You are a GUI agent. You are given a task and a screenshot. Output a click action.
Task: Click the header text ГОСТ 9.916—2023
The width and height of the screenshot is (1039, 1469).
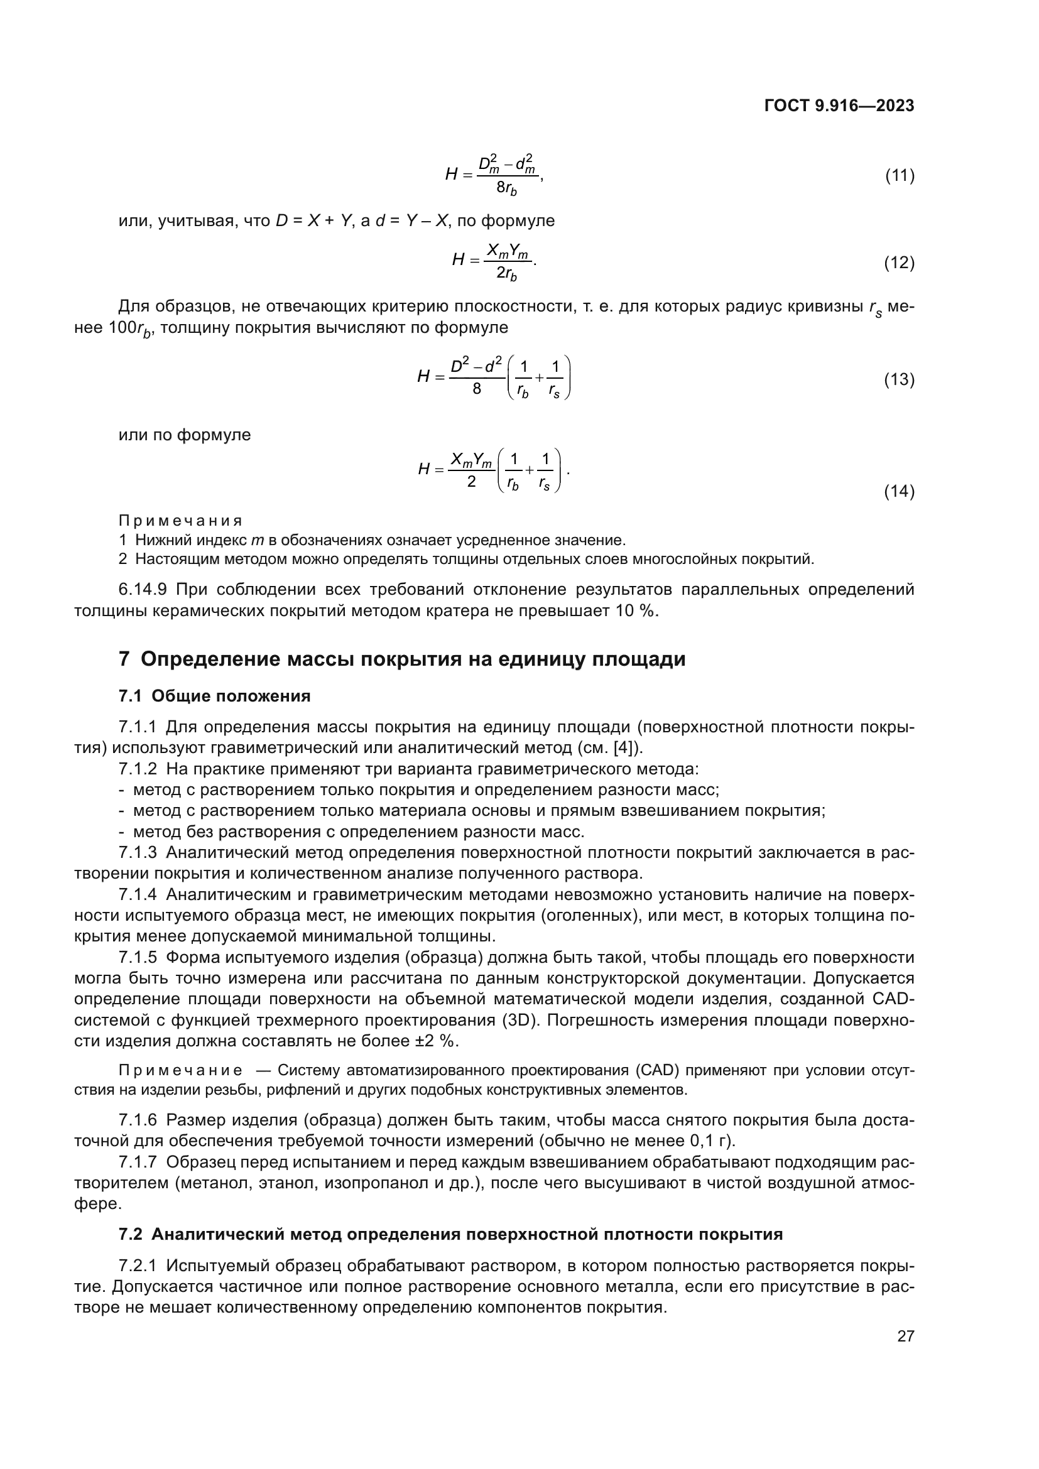tap(839, 106)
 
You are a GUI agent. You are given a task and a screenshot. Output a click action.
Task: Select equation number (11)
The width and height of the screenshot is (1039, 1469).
tap(899, 175)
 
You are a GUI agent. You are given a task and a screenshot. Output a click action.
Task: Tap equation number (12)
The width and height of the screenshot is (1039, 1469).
tap(899, 263)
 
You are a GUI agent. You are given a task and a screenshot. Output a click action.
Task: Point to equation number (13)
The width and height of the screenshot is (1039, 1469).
tap(899, 379)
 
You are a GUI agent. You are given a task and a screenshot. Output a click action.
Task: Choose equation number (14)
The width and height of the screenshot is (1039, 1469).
tap(899, 491)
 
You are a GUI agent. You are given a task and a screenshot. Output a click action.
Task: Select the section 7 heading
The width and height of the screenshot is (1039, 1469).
tap(402, 659)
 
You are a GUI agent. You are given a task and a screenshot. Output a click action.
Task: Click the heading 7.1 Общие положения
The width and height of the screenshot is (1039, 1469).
tap(214, 696)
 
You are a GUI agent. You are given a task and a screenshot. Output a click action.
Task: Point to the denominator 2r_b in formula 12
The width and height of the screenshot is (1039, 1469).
tap(507, 274)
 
